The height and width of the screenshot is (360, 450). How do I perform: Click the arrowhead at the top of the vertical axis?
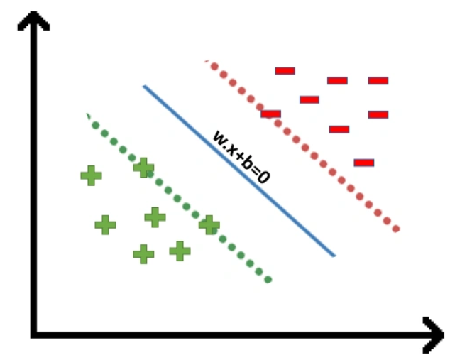click(34, 20)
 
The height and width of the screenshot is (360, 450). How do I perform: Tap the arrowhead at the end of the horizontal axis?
click(434, 335)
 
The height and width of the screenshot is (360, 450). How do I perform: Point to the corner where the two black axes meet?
click(34, 335)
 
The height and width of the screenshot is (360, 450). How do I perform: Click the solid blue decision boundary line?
click(238, 171)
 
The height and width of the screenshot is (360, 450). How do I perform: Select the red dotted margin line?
click(302, 145)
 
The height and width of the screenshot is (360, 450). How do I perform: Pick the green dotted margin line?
click(178, 198)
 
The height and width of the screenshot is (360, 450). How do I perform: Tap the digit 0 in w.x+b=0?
click(263, 177)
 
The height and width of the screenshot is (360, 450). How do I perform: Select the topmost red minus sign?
click(285, 71)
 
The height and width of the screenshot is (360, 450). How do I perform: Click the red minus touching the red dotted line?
click(270, 114)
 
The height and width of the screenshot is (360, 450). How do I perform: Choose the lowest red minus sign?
click(364, 163)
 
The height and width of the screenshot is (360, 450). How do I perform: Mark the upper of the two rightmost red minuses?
click(378, 81)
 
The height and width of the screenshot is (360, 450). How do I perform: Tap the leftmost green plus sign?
click(92, 175)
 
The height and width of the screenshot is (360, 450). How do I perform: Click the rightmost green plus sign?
click(209, 225)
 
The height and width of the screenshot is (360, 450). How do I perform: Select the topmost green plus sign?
click(143, 168)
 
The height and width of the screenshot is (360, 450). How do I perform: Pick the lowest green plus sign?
click(143, 254)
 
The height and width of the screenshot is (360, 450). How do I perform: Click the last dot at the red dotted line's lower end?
click(396, 229)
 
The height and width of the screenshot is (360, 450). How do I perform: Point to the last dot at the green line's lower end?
click(268, 279)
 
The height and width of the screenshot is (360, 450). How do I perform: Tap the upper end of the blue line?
click(144, 86)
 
